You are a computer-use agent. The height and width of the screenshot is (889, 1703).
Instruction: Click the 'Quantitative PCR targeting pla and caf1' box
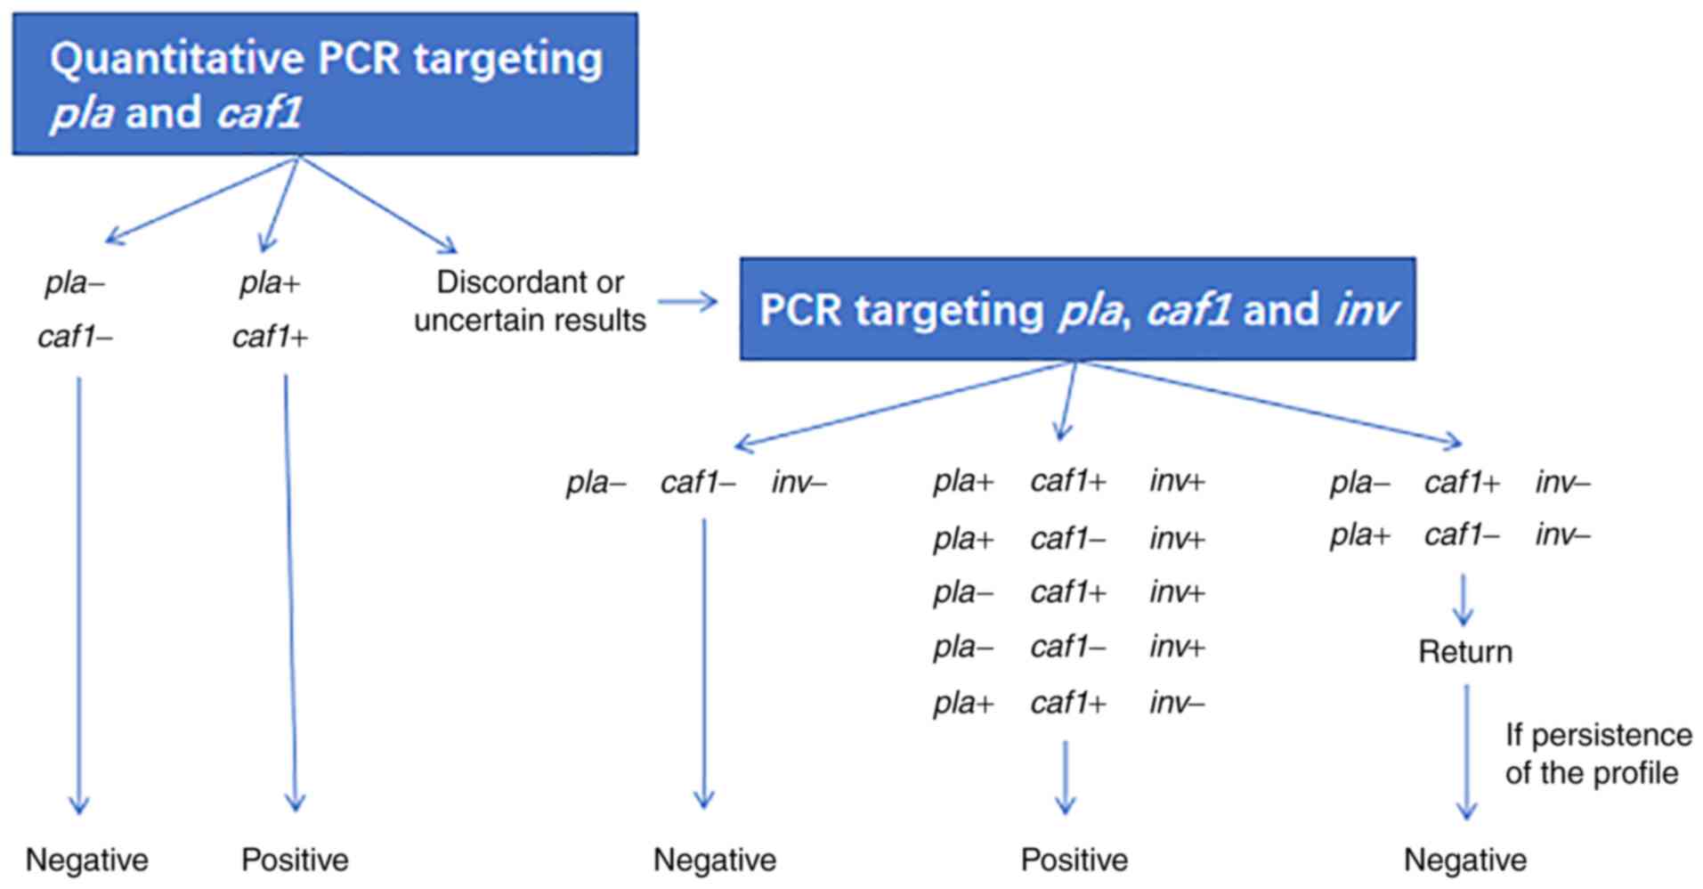click(325, 85)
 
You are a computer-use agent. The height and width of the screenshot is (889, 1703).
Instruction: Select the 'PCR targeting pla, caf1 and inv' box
click(1077, 309)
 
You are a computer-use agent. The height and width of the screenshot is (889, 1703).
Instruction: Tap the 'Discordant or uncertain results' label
click(530, 301)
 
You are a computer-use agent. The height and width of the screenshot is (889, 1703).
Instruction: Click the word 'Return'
click(1464, 652)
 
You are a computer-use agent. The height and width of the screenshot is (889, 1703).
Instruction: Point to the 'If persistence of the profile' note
click(1597, 754)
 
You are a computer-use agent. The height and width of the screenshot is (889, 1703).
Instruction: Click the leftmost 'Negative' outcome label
click(86, 860)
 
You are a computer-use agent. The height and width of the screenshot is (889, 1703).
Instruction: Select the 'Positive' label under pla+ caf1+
click(295, 860)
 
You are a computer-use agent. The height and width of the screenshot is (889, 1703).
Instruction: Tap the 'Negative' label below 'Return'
click(1464, 860)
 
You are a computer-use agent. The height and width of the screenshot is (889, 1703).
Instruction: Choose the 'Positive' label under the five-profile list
click(1074, 860)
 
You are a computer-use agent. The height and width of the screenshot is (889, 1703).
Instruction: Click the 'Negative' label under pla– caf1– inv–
click(714, 860)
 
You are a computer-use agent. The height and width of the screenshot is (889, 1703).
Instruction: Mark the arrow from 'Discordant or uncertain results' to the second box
click(687, 302)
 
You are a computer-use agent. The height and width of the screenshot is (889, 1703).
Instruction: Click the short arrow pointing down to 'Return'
click(1463, 599)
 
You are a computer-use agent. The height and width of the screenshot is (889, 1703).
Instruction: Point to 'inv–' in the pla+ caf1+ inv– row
click(1176, 704)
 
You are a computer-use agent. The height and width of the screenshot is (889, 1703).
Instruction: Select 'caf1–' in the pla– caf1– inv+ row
click(1067, 647)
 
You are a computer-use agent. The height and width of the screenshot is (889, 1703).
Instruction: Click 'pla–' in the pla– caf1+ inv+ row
click(962, 592)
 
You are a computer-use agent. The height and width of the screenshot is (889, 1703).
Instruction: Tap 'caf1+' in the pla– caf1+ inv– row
click(1461, 483)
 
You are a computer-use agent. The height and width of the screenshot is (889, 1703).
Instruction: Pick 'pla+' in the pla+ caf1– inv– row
click(1358, 535)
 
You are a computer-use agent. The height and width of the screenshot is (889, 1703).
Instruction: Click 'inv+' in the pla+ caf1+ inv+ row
click(1176, 482)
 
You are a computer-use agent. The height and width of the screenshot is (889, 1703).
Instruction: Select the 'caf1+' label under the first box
click(269, 337)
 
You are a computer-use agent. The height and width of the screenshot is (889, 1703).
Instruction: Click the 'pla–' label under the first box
click(75, 283)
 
